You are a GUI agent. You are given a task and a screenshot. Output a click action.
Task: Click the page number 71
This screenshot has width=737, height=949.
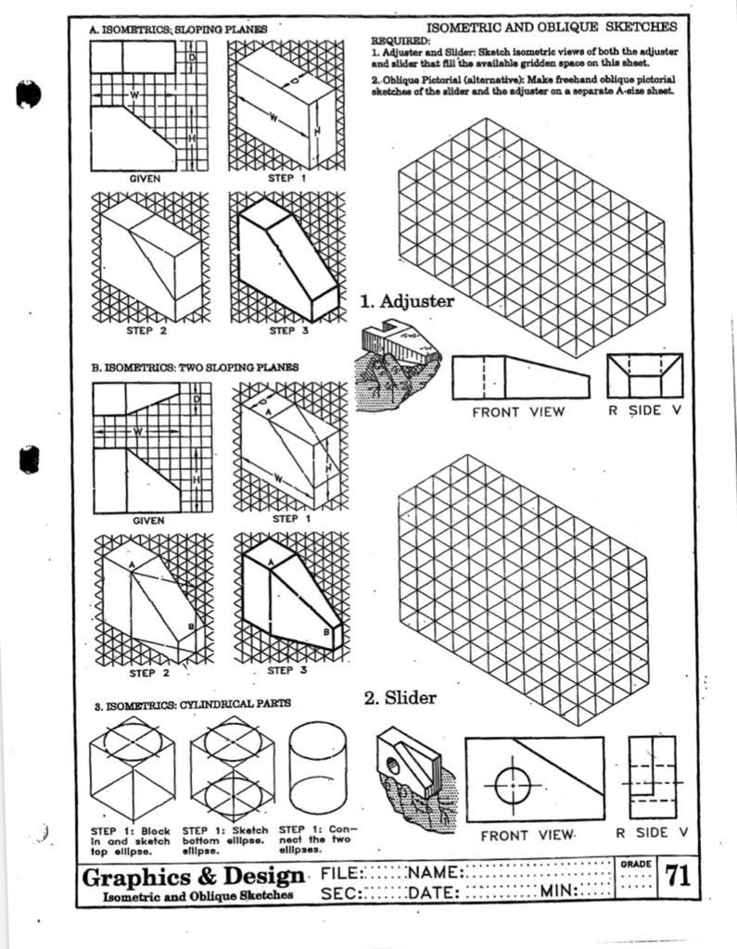click(677, 877)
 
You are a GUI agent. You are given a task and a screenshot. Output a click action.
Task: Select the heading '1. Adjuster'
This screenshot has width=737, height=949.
click(407, 301)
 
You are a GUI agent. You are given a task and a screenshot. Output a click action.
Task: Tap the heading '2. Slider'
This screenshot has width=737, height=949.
click(400, 698)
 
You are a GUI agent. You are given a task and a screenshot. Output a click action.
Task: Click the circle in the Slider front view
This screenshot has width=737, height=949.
click(511, 786)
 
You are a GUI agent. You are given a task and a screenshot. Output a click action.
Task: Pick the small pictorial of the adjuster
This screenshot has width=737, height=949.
click(400, 367)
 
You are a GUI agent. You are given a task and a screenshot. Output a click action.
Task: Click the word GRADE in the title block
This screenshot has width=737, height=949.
click(634, 864)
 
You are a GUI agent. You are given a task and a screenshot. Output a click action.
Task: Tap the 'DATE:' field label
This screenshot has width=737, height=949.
click(433, 892)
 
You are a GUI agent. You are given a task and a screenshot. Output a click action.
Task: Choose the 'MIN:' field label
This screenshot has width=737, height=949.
click(559, 892)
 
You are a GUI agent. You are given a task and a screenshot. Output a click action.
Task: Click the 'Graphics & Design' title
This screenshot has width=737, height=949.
click(193, 877)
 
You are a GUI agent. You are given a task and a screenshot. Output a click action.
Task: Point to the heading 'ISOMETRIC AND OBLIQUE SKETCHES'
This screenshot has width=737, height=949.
click(551, 28)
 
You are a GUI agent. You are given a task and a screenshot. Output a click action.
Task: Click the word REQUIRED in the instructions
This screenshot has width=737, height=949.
click(400, 42)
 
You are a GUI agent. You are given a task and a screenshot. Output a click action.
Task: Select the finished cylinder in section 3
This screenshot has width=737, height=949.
click(317, 768)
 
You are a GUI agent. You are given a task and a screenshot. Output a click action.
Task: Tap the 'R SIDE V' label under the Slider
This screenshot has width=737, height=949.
click(654, 832)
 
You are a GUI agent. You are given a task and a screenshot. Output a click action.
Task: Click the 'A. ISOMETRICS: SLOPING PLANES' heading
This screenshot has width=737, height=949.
click(178, 31)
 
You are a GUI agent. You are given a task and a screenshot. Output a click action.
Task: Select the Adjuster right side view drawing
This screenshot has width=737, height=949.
click(644, 376)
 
